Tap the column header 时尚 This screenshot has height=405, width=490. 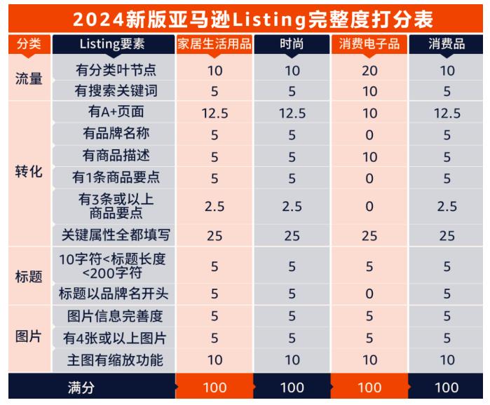click(x=292, y=45)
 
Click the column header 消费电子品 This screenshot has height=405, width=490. click(x=369, y=45)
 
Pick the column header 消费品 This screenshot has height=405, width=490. click(x=447, y=45)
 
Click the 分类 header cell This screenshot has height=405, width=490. click(x=27, y=45)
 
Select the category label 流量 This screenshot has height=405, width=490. click(x=28, y=79)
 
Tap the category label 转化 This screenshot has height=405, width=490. click(x=28, y=172)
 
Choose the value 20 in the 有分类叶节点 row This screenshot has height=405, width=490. click(x=369, y=70)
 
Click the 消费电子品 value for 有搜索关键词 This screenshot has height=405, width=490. click(x=369, y=90)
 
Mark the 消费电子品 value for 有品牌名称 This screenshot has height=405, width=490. click(x=369, y=133)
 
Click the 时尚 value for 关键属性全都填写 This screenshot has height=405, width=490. click(x=292, y=235)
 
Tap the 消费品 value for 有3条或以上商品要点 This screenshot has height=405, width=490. click(x=447, y=206)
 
